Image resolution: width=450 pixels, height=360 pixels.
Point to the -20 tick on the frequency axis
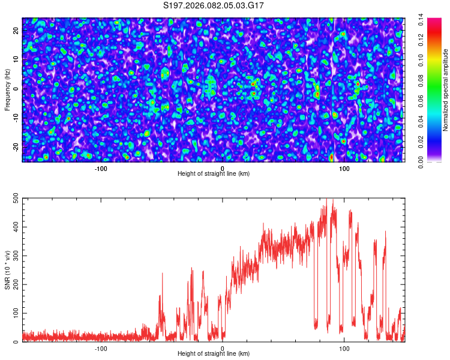click(16, 147)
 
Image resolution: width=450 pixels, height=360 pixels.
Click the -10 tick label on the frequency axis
click(16, 118)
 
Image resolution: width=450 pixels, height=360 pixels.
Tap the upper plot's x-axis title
click(214, 174)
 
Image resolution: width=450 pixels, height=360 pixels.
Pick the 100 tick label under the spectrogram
click(344, 168)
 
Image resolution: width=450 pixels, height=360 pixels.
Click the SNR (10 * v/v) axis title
click(7, 270)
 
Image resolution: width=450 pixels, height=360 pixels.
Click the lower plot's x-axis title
click(214, 354)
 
